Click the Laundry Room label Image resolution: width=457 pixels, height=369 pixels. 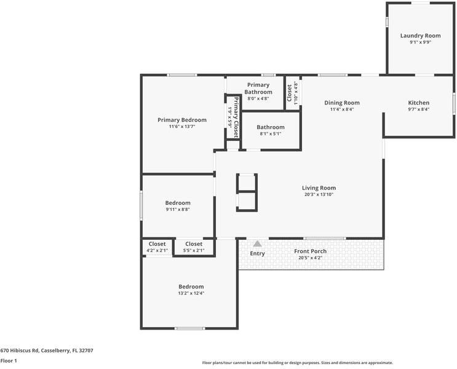tap(420, 36)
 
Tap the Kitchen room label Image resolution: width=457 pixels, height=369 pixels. tap(419, 103)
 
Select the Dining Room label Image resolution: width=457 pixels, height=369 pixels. tap(342, 103)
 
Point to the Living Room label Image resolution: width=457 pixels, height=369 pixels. tap(319, 188)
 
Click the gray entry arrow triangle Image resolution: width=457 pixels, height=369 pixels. tap(257, 244)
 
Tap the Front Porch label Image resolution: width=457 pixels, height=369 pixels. tap(310, 251)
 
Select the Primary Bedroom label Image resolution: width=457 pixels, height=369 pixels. tap(181, 120)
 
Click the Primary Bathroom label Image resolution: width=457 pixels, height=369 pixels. tap(258, 88)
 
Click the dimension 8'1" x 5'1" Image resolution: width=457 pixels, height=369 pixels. tap(270, 133)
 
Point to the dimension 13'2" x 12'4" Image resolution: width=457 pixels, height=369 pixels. tap(191, 293)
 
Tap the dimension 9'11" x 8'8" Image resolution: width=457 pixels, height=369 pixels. tap(178, 209)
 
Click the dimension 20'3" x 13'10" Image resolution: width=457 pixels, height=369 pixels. tap(319, 195)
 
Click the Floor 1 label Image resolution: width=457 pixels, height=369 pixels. tap(9, 361)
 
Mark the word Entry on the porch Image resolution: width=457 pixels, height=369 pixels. tap(257, 253)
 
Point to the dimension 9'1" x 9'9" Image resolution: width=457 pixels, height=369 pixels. tap(420, 42)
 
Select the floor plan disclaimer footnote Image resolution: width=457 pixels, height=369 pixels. tap(297, 363)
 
